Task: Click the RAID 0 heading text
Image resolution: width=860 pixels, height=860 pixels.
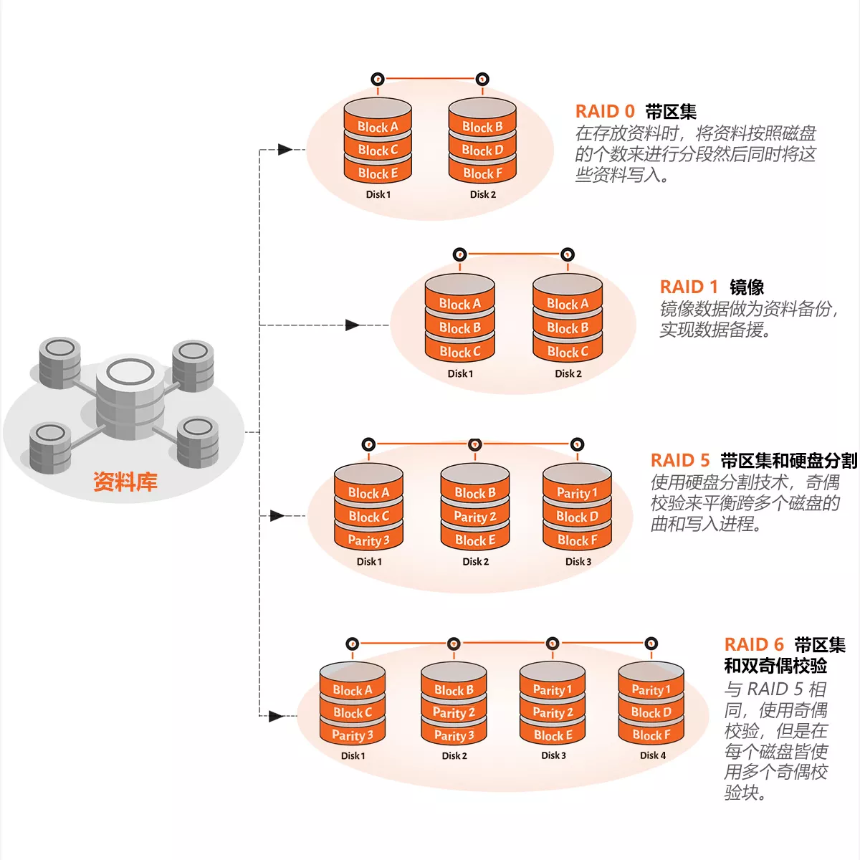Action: pyautogui.click(x=605, y=112)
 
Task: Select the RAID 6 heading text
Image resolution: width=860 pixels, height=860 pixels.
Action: pyautogui.click(x=754, y=645)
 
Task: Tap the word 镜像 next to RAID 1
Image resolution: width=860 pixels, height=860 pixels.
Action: pyautogui.click(x=747, y=287)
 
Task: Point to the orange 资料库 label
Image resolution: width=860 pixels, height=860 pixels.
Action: pyautogui.click(x=125, y=482)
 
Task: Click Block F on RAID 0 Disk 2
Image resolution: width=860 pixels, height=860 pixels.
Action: pyautogui.click(x=482, y=173)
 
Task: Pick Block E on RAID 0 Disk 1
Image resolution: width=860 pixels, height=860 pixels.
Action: pyautogui.click(x=378, y=173)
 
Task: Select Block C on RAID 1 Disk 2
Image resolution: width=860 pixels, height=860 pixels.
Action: pyautogui.click(x=568, y=352)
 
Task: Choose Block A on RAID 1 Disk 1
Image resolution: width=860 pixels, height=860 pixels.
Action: pyautogui.click(x=459, y=304)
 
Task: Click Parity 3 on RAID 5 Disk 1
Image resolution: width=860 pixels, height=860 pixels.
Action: pyautogui.click(x=368, y=540)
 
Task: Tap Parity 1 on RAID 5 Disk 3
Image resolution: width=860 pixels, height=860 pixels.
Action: pyautogui.click(x=577, y=493)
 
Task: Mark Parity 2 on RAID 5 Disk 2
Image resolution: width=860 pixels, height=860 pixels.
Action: pyautogui.click(x=474, y=517)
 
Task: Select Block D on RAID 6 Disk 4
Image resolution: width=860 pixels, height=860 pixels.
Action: pyautogui.click(x=651, y=712)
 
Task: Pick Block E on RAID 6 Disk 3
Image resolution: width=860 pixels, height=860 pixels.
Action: pyautogui.click(x=553, y=735)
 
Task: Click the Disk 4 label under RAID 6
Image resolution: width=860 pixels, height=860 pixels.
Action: pyautogui.click(x=652, y=755)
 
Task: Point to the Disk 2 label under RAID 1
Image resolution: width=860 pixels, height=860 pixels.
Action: pyautogui.click(x=568, y=373)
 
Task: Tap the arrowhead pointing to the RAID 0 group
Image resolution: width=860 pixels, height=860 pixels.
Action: pyautogui.click(x=285, y=150)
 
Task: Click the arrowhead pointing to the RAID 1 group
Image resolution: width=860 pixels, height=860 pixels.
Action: pyautogui.click(x=353, y=325)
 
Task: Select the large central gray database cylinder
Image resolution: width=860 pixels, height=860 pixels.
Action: pyautogui.click(x=130, y=398)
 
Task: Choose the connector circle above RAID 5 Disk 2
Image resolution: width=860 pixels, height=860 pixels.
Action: pyautogui.click(x=474, y=445)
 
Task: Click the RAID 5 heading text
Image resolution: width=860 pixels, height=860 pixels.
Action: pyautogui.click(x=679, y=461)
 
